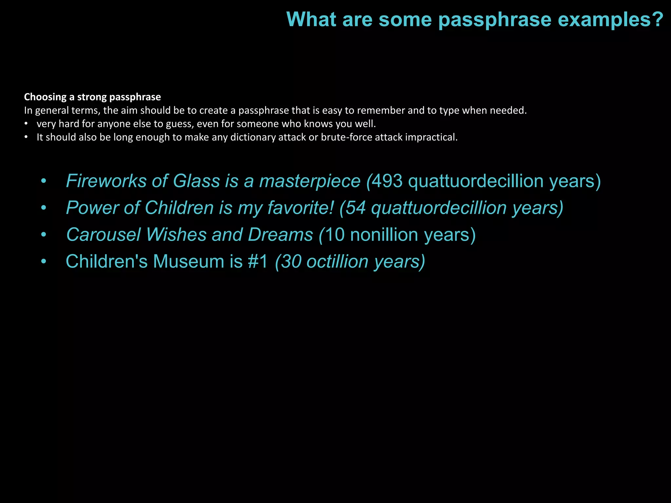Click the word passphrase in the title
495,20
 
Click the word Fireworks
106,181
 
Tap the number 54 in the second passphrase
356,208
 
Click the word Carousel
103,234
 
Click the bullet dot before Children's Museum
44,262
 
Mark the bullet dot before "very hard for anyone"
26,124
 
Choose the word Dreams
280,234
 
